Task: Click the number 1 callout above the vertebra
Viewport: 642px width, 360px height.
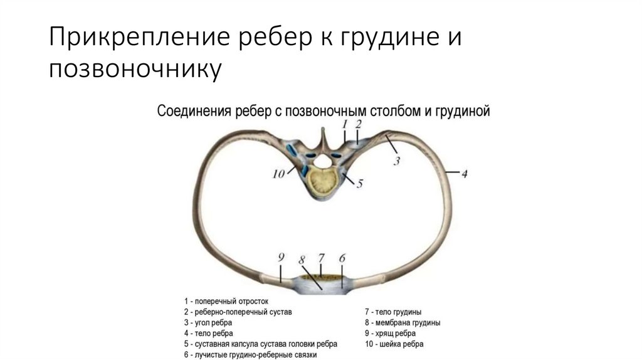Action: click(x=345, y=124)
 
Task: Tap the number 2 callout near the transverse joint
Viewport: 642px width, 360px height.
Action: click(x=358, y=124)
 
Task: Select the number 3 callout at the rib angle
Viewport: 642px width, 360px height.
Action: click(x=396, y=162)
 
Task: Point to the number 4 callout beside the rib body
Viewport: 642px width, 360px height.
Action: click(x=465, y=173)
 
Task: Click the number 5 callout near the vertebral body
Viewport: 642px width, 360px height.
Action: click(x=360, y=184)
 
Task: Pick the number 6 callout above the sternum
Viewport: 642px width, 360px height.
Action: click(x=342, y=258)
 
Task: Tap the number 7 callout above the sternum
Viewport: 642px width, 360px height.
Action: click(x=322, y=258)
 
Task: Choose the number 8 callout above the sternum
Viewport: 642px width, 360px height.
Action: click(x=302, y=259)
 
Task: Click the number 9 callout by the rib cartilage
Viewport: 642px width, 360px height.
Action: click(x=282, y=257)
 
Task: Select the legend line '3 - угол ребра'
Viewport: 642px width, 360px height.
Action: click(x=211, y=322)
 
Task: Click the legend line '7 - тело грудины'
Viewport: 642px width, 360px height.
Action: click(x=393, y=311)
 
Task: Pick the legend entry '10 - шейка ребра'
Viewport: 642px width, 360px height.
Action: click(x=394, y=344)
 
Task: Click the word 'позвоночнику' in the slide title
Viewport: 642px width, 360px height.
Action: click(x=136, y=68)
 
